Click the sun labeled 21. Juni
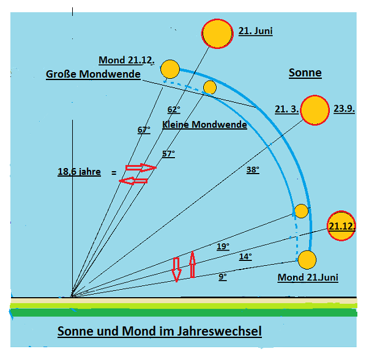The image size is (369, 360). click(217, 34)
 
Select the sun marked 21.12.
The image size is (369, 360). click(341, 226)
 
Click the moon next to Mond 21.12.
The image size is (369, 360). click(170, 69)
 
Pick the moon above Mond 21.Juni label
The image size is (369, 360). click(307, 260)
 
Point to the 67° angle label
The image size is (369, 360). click(143, 130)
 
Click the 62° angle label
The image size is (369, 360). click(174, 110)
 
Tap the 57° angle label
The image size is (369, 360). click(168, 153)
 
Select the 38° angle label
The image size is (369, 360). click(253, 170)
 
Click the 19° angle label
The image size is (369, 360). click(223, 246)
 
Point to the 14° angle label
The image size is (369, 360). click(245, 257)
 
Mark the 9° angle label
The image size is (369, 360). click(223, 277)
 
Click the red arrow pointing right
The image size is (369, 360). click(141, 167)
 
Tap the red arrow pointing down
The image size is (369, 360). click(176, 268)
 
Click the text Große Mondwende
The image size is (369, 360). click(93, 75)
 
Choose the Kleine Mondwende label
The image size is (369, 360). click(204, 125)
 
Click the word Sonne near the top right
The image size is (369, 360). click(305, 73)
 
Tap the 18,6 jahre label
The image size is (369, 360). click(79, 172)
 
